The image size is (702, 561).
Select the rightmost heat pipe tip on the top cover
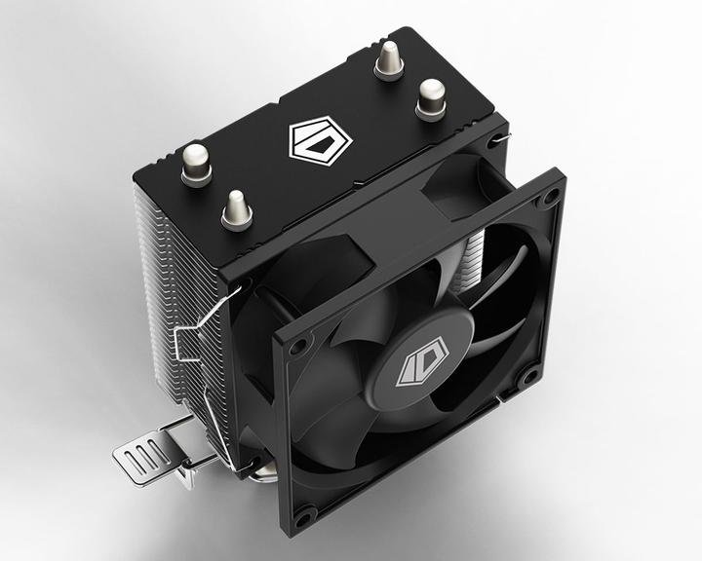point(431,97)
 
